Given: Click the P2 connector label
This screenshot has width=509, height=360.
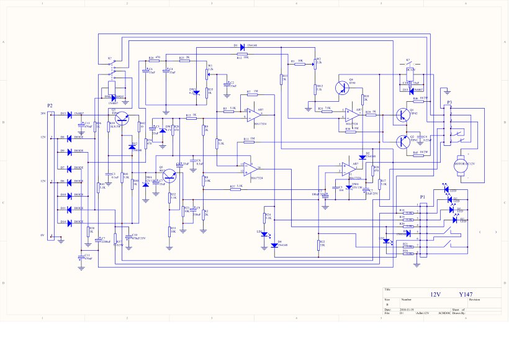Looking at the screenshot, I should pyautogui.click(x=51, y=106).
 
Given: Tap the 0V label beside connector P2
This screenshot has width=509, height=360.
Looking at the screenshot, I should pyautogui.click(x=43, y=235).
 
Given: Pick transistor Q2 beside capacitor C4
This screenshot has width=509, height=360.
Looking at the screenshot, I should pyautogui.click(x=402, y=140).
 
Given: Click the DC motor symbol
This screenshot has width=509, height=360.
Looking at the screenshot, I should pyautogui.click(x=460, y=166).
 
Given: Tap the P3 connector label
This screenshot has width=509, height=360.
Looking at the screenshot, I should pyautogui.click(x=449, y=101).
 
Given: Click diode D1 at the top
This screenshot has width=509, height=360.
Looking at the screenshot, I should pyautogui.click(x=243, y=46).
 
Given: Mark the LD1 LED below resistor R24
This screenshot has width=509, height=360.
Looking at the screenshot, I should pyautogui.click(x=266, y=235).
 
